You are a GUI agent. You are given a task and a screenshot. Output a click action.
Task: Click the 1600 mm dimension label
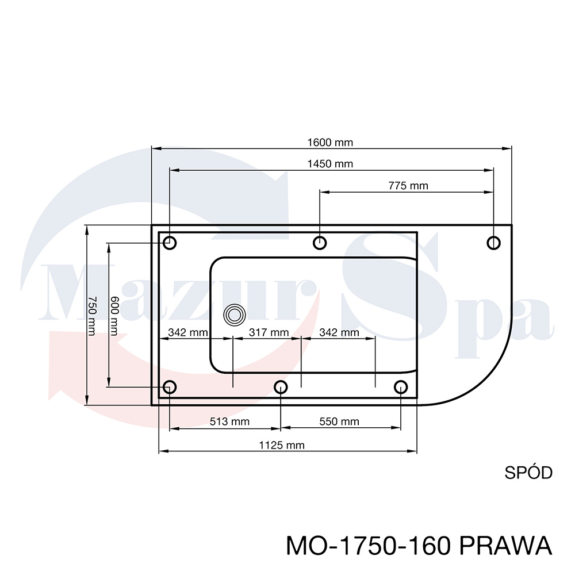pos(330,142)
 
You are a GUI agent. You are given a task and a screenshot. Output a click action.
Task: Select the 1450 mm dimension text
pos(330,164)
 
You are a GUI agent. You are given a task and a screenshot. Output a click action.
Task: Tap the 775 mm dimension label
pos(408,186)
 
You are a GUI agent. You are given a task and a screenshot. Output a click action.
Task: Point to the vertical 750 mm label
pos(92,316)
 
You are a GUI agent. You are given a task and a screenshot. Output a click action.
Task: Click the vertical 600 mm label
pos(114,316)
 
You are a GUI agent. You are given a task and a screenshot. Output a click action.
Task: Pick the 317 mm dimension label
pos(269,332)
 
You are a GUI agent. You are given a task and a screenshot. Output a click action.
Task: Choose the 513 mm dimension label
pos(229,421)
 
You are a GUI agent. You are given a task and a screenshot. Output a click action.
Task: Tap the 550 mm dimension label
pos(339,421)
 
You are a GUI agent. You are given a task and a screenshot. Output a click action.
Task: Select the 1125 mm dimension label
pos(282,445)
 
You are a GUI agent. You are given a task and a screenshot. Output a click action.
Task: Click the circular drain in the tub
pos(235,315)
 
